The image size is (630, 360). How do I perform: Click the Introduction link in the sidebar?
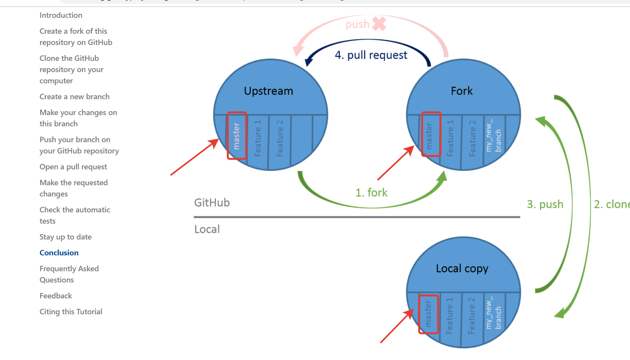(x=61, y=15)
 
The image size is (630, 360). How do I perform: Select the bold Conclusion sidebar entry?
(x=59, y=253)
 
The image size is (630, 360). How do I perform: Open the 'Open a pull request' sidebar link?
(x=73, y=167)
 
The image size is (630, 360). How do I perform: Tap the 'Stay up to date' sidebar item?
(x=66, y=237)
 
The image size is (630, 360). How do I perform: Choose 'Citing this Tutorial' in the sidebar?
(x=71, y=312)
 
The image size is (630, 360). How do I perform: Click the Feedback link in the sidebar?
(x=56, y=296)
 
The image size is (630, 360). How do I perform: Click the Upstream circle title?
(x=268, y=91)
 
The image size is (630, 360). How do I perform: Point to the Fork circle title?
(x=462, y=91)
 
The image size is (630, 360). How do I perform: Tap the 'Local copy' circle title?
(x=462, y=269)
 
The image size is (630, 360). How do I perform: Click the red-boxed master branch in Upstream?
(x=236, y=136)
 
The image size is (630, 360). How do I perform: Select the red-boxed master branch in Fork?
(x=431, y=134)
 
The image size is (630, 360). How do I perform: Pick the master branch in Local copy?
(x=428, y=314)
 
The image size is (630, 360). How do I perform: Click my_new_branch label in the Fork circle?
(x=493, y=136)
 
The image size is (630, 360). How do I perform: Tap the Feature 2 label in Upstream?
(x=280, y=138)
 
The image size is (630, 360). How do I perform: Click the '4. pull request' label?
(x=371, y=55)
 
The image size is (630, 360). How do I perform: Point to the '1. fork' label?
(x=371, y=193)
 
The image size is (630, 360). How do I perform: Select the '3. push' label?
(x=545, y=204)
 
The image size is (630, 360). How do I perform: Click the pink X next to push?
(x=379, y=24)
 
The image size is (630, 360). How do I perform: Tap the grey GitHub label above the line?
(x=212, y=203)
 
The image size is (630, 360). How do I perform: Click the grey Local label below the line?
(x=207, y=229)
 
